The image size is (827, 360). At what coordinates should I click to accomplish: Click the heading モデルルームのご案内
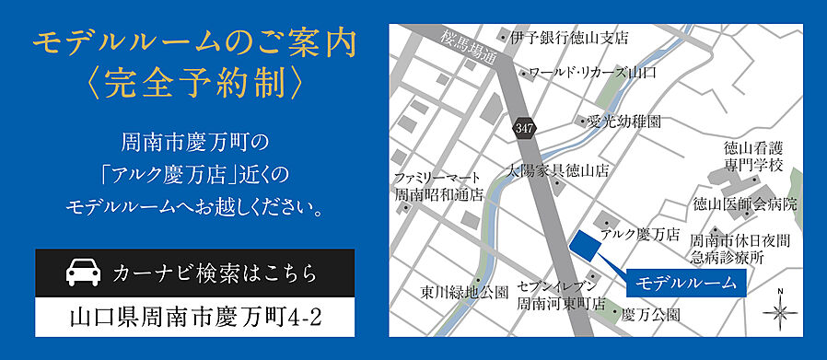tap(194, 43)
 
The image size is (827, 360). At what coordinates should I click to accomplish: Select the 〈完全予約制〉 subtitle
tap(193, 84)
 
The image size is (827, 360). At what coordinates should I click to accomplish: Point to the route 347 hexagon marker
tap(524, 127)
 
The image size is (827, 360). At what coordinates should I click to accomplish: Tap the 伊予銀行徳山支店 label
tap(569, 38)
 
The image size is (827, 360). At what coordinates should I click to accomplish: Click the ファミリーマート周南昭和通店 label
tap(438, 186)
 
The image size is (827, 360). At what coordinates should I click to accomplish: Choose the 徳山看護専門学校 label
tap(753, 156)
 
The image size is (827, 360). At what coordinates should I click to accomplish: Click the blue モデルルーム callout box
tap(686, 283)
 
